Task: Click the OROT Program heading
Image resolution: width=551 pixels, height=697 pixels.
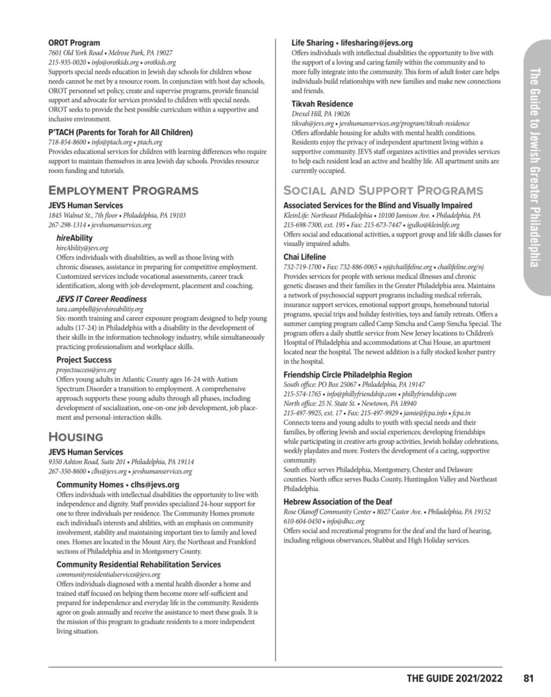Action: click(74, 43)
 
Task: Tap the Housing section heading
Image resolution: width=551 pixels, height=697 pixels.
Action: click(76, 437)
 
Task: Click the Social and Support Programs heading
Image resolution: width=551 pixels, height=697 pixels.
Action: click(382, 191)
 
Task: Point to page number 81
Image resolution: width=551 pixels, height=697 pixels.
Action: click(528, 678)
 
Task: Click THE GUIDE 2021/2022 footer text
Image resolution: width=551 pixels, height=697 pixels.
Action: click(455, 678)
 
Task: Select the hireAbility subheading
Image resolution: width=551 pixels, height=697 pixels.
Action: click(74, 238)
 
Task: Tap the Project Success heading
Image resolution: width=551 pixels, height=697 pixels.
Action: click(84, 360)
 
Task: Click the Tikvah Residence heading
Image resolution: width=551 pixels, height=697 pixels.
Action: click(322, 104)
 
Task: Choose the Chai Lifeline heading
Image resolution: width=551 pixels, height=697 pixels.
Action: click(305, 257)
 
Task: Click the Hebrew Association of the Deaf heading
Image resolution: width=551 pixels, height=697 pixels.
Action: click(338, 502)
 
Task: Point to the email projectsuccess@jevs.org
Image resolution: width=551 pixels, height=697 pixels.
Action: click(86, 369)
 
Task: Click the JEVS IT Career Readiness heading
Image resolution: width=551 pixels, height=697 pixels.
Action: click(102, 299)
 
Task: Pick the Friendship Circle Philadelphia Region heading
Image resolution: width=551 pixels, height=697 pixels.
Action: click(348, 375)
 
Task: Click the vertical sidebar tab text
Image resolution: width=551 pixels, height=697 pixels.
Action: click(535, 168)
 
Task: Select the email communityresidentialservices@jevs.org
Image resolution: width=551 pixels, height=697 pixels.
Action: click(108, 574)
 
